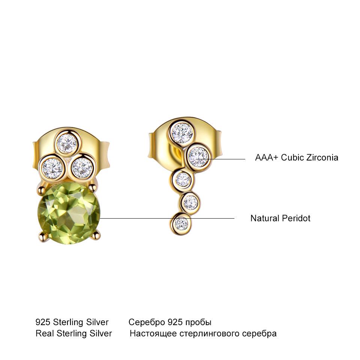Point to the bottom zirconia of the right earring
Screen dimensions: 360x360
[x=181, y=224]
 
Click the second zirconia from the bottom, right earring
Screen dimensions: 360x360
[x=190, y=202]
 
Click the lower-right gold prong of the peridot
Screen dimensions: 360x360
[x=97, y=235]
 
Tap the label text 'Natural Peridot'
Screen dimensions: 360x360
[x=280, y=218]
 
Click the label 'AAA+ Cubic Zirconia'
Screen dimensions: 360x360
[x=297, y=157]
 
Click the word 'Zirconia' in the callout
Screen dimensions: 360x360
[x=322, y=157]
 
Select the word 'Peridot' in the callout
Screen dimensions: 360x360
[x=296, y=218]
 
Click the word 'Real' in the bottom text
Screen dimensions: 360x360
[x=44, y=333]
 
